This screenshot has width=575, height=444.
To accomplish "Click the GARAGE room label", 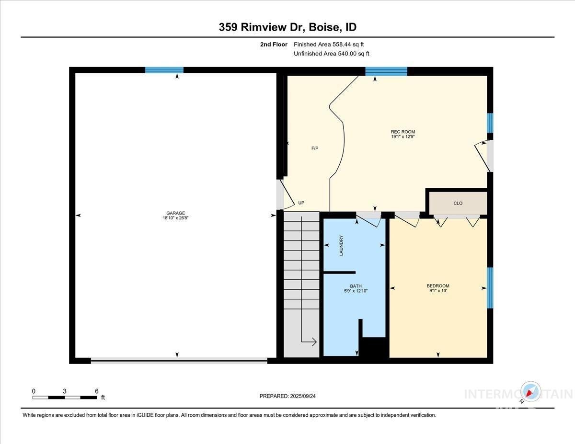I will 176,213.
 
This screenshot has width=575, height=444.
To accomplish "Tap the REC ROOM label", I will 402,132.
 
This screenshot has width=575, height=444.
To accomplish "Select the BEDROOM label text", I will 438,286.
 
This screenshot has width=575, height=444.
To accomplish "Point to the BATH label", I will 356,286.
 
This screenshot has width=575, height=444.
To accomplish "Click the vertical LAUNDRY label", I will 342,245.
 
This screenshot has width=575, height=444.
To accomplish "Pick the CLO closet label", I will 458,203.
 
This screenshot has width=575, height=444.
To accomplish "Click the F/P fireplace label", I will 315,148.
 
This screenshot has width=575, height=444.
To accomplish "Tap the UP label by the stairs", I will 301,203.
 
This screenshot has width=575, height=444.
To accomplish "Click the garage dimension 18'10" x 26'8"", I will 176,218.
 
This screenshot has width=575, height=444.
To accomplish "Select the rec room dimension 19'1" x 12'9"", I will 402,137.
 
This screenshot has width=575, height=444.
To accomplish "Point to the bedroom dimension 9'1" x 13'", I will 438,291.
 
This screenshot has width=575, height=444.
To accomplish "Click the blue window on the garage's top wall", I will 164,70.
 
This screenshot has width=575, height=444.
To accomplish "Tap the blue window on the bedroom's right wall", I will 490,287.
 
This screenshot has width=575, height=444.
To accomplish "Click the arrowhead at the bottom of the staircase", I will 313,342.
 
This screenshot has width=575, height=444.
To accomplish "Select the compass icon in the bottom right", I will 531,391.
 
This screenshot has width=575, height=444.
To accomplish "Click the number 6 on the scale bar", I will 97,391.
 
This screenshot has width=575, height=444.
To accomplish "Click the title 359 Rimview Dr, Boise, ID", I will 287,27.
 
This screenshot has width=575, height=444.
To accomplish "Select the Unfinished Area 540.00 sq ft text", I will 332,54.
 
